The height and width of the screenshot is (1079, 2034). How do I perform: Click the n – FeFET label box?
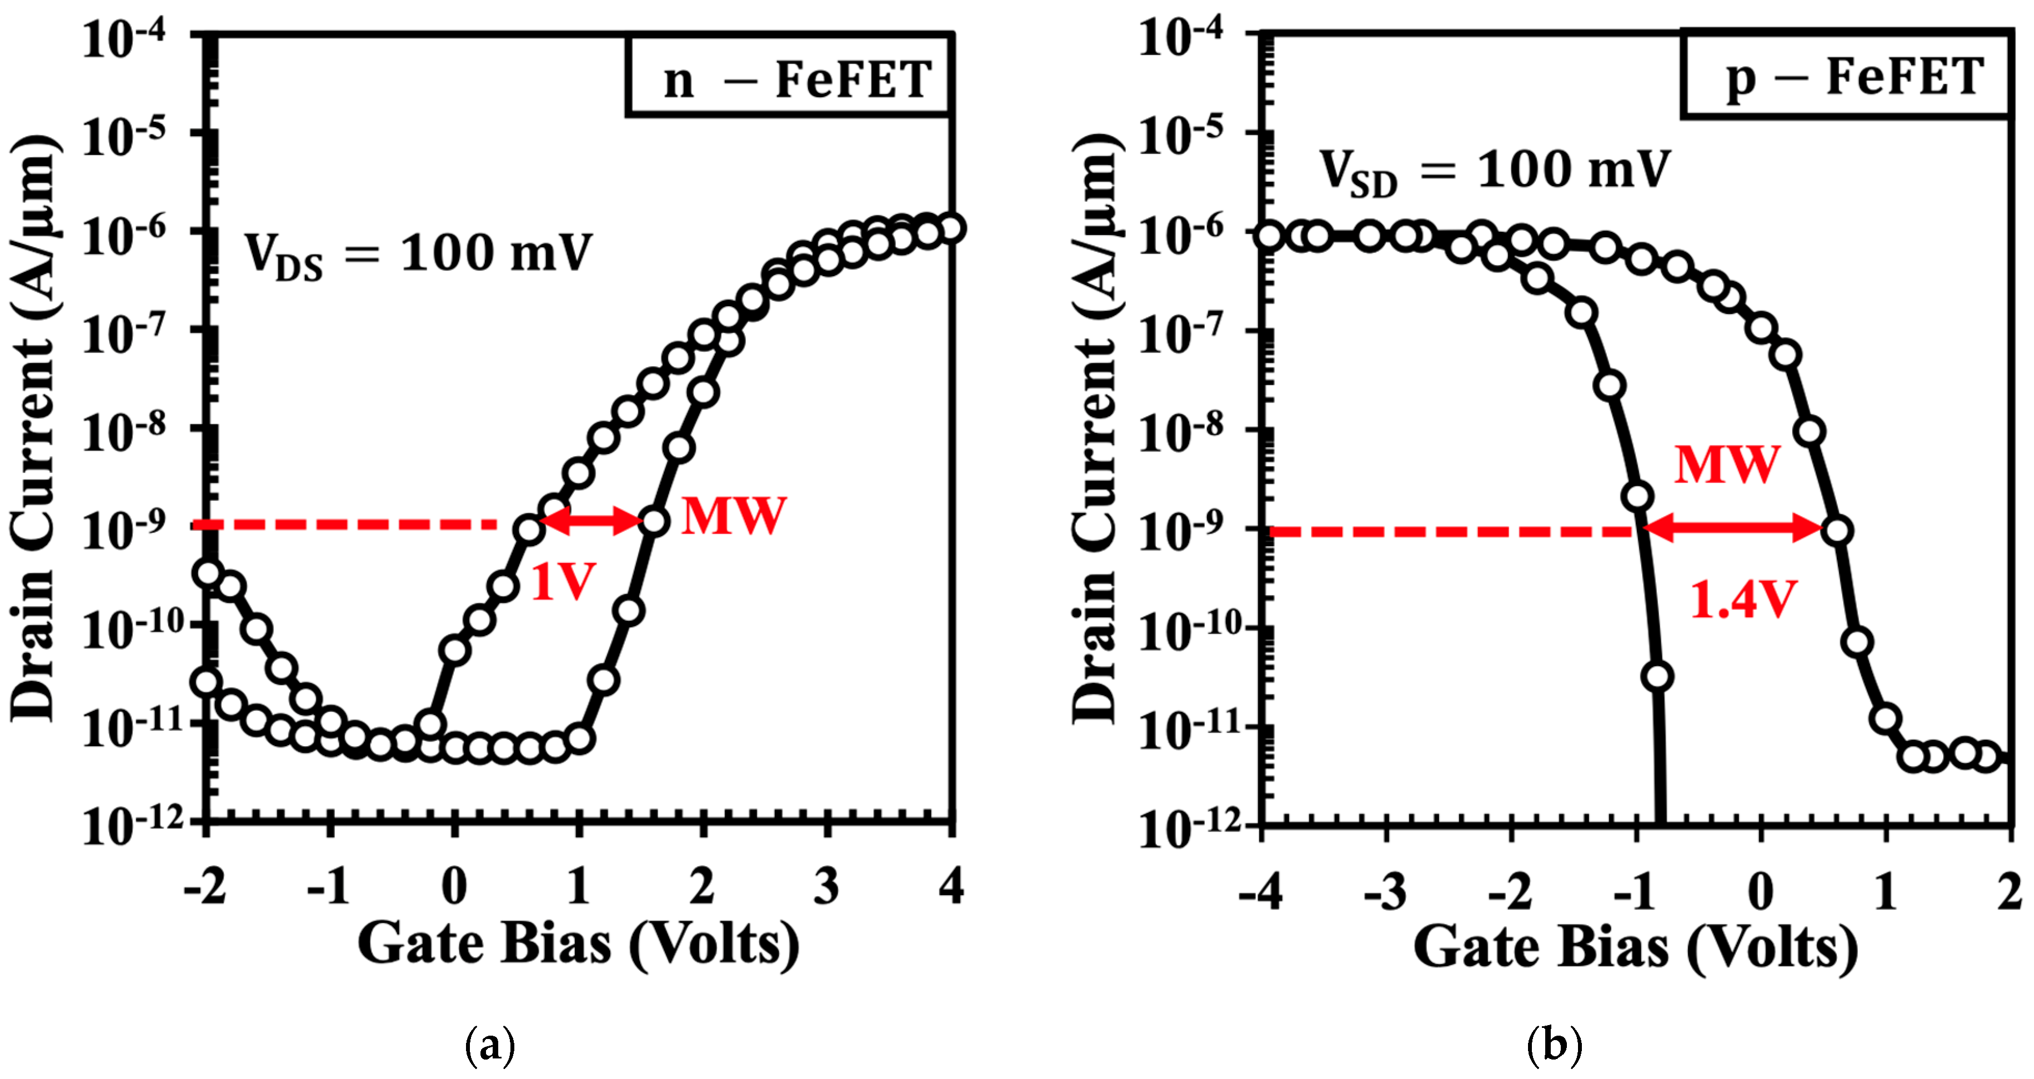[790, 77]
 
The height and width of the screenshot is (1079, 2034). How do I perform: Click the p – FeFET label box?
[1846, 76]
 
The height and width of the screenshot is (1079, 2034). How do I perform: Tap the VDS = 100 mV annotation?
[417, 254]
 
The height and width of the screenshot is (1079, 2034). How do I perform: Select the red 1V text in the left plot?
[562, 583]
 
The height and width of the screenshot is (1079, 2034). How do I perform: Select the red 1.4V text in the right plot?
[1742, 600]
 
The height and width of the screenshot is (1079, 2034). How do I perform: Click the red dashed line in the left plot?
[347, 524]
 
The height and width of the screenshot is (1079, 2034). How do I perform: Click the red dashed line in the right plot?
[1453, 532]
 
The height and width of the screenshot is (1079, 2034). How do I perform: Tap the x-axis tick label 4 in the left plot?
[951, 886]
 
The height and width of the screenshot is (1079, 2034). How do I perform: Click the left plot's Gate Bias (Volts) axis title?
[578, 945]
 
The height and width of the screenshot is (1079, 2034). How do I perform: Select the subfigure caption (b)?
[1554, 1045]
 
